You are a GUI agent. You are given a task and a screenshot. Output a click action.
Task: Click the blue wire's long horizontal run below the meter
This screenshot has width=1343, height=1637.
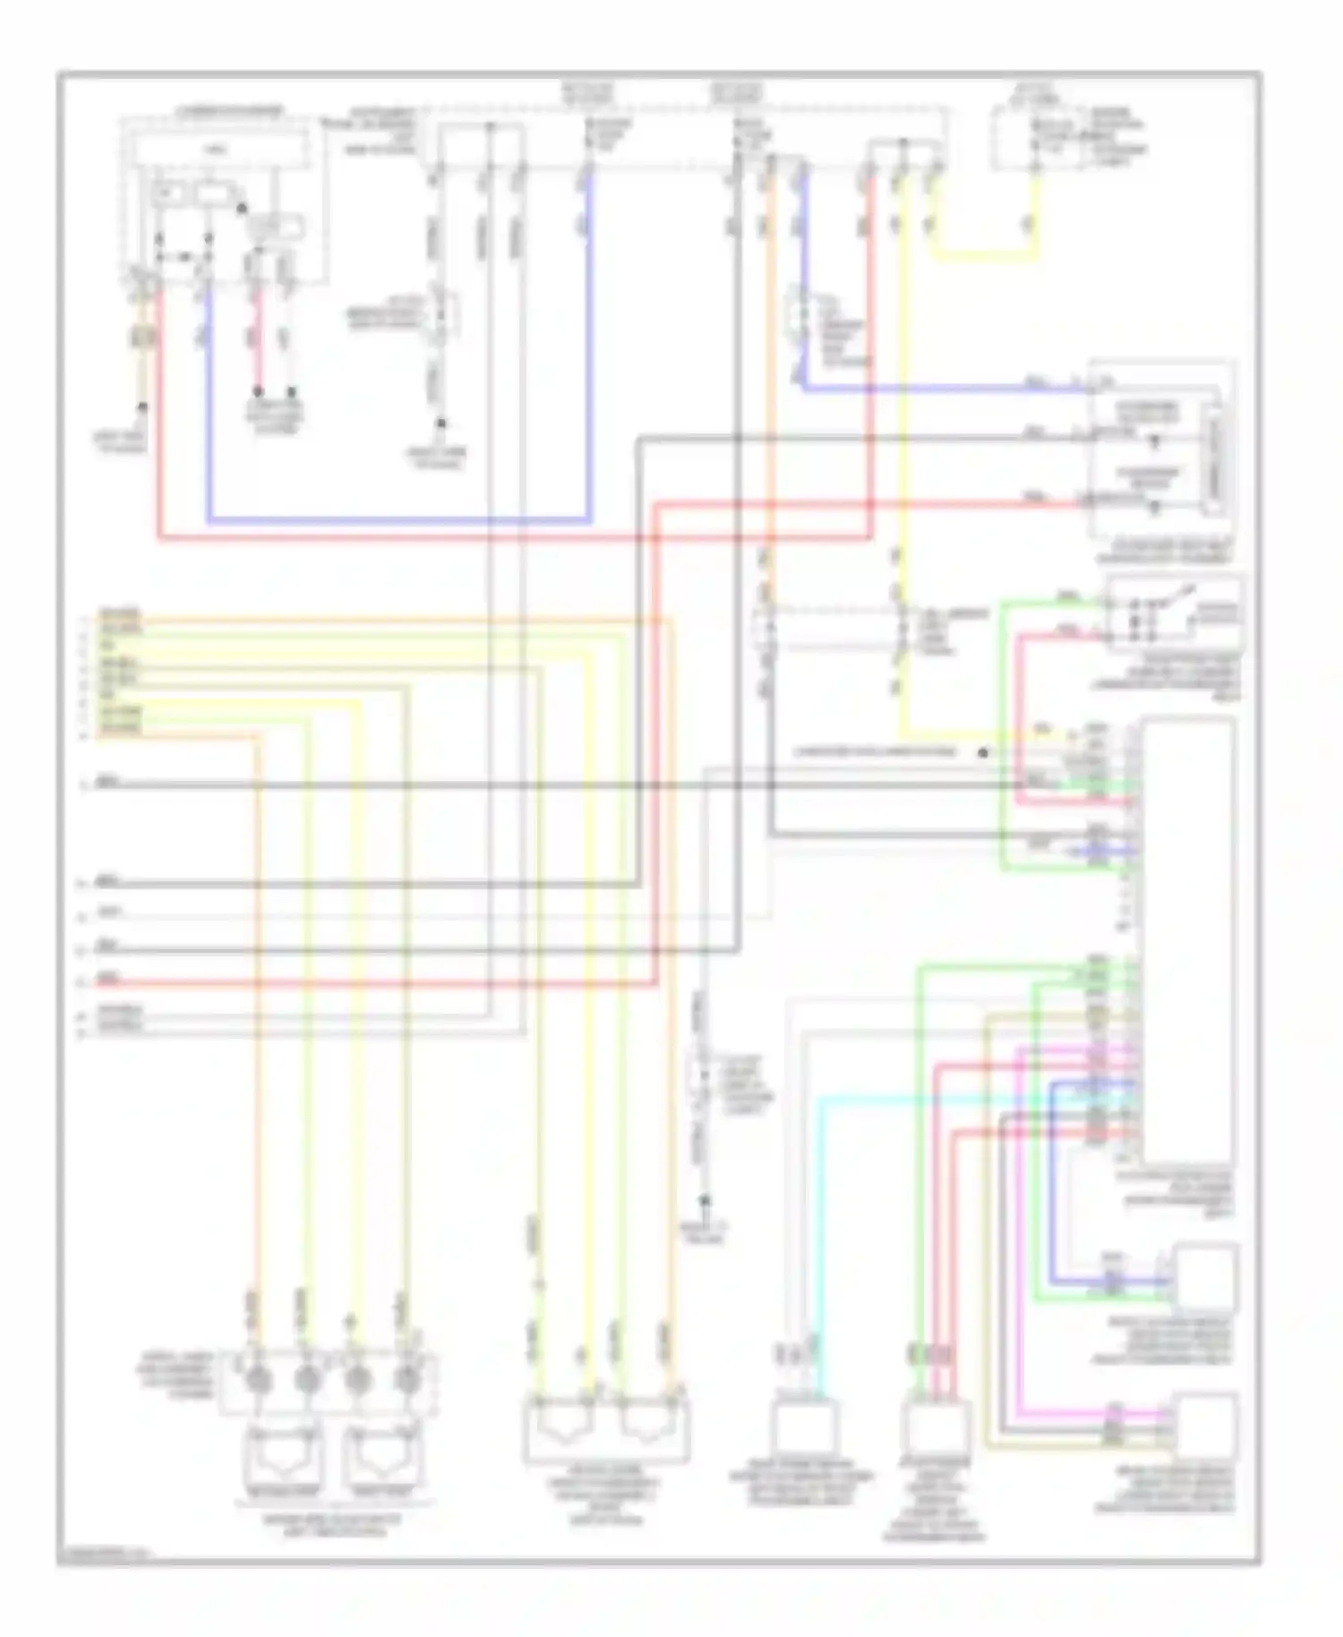[398, 520]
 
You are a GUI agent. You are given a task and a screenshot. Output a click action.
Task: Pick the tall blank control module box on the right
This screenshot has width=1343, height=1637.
[1188, 940]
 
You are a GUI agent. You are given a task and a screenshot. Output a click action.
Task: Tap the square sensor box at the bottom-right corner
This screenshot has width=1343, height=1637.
[1206, 1424]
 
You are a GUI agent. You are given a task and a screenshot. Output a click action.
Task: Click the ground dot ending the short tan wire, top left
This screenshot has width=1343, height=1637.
[142, 407]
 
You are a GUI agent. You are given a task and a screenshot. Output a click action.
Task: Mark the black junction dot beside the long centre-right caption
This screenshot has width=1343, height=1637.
[983, 752]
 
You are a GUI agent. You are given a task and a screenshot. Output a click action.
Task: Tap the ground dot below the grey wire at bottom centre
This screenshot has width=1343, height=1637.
[705, 1201]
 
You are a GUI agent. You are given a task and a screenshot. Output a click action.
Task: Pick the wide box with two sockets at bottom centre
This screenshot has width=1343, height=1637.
[606, 1427]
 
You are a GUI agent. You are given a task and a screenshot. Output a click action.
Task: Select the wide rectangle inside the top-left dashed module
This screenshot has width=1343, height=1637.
[221, 152]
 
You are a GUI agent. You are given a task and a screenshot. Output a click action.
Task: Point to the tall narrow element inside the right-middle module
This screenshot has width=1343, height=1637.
[1216, 461]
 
